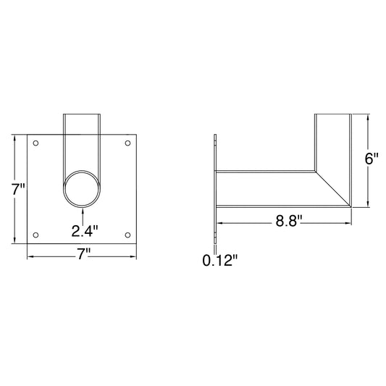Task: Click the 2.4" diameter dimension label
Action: coord(85,231)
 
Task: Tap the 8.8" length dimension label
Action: coord(288,221)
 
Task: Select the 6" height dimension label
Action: coord(372,159)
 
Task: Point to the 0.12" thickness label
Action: coord(220,260)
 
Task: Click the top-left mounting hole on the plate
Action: coord(35,143)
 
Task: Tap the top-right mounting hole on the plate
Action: coord(127,143)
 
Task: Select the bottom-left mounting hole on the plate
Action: coord(35,235)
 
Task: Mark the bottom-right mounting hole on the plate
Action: coord(127,235)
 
